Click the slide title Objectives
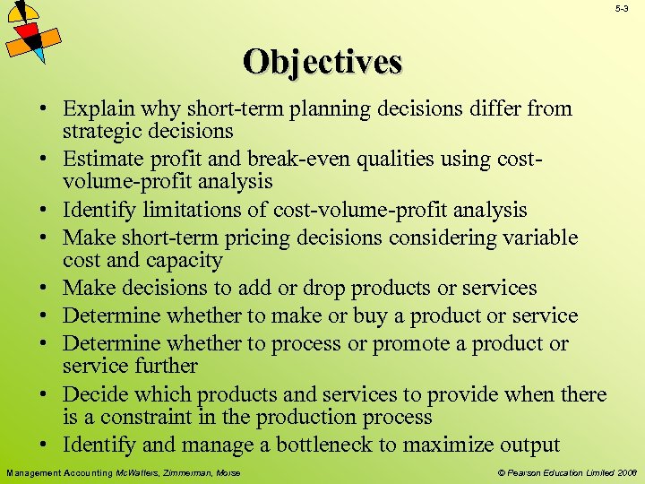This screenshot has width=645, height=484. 322,62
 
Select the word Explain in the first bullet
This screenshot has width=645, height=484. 94,109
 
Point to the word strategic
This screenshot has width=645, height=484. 98,131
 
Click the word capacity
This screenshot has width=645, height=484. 189,260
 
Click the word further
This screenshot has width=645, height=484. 161,366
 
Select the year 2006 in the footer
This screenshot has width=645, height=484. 626,472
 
